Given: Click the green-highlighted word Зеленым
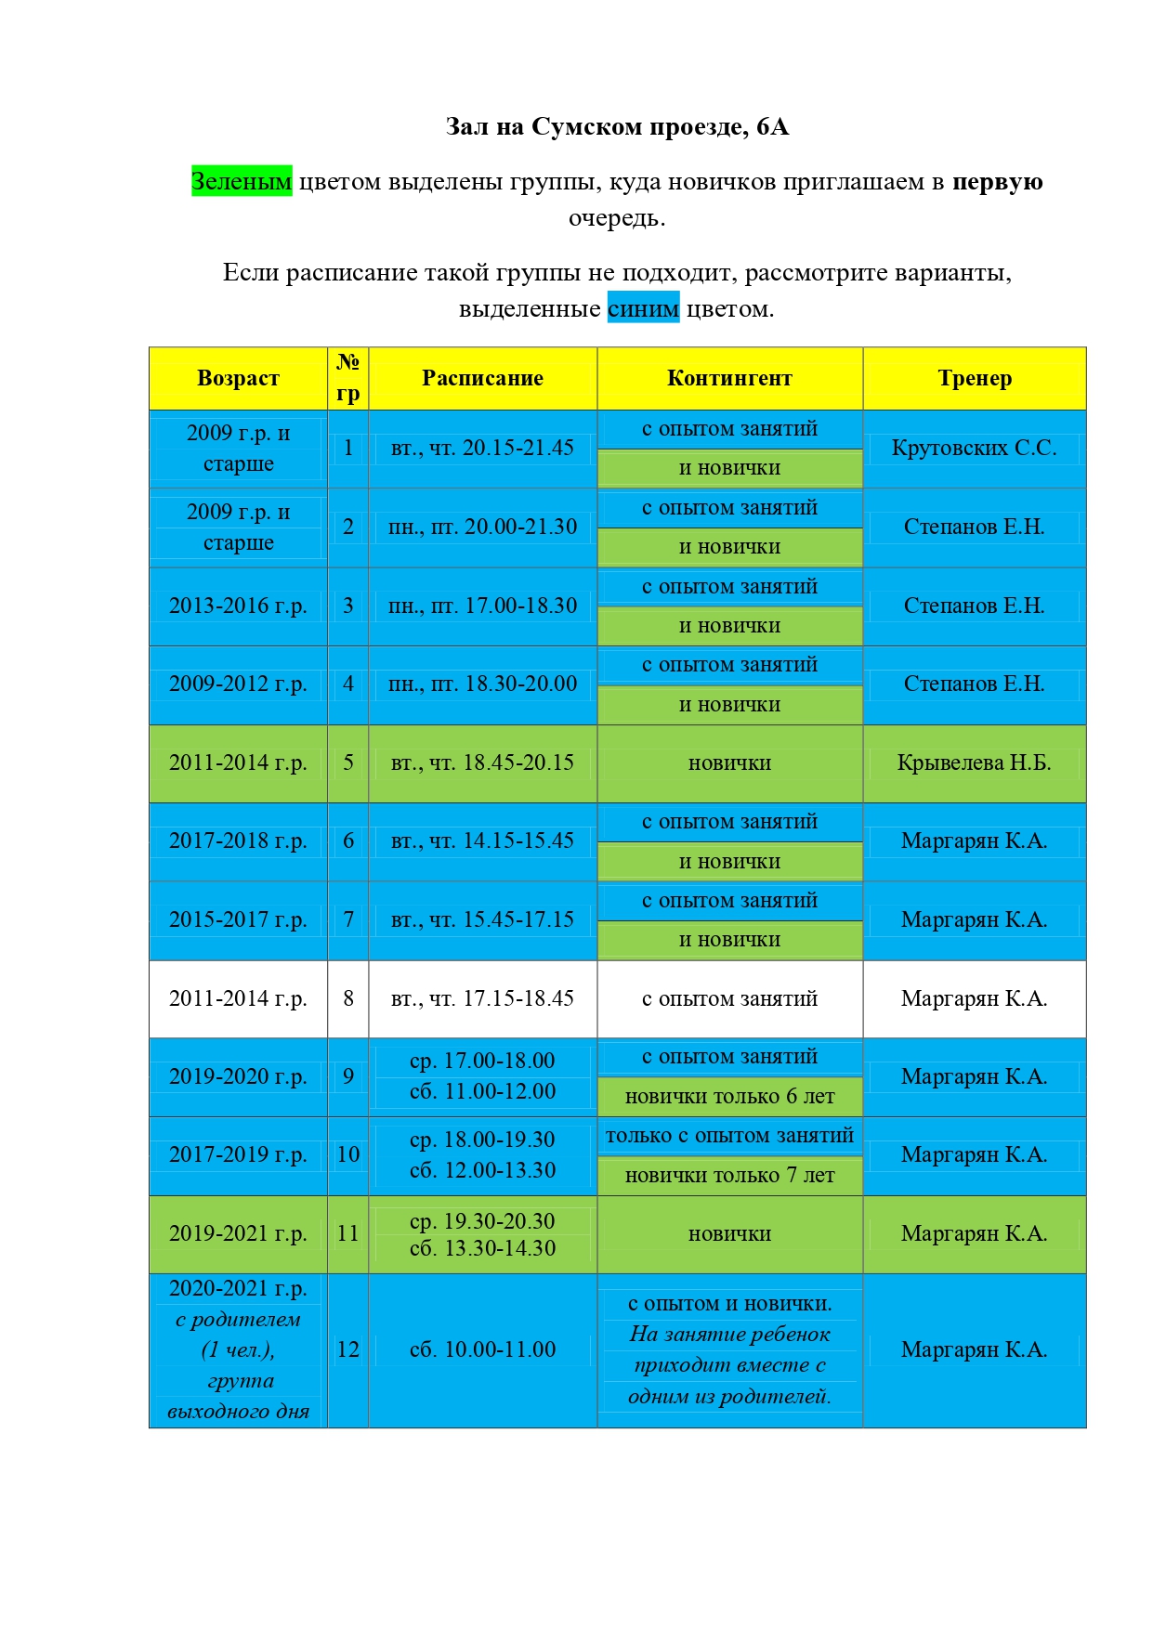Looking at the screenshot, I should click(x=242, y=181).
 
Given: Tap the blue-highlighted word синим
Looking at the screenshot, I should click(x=643, y=308).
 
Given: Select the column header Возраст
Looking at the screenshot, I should click(x=238, y=378).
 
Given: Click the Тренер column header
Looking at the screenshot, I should click(x=975, y=378).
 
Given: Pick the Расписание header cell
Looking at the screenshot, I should click(x=482, y=378).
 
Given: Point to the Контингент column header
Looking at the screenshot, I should click(x=729, y=378).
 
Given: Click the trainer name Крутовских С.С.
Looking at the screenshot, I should click(x=974, y=448).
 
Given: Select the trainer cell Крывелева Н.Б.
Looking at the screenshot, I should click(x=974, y=762).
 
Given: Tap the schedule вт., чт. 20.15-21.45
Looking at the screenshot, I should click(x=482, y=448).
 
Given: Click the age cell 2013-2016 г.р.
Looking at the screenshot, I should click(x=238, y=606).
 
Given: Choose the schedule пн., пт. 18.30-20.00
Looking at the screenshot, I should click(x=482, y=684).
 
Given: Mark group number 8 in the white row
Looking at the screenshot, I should click(x=348, y=998).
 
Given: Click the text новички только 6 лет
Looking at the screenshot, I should click(x=729, y=1097).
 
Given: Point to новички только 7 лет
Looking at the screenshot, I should click(x=729, y=1176).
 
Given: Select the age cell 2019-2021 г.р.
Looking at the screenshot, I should click(x=238, y=1233).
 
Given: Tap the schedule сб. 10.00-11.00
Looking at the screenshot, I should click(x=482, y=1349).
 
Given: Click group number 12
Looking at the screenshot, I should click(x=348, y=1349).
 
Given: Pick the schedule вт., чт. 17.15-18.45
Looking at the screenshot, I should click(x=482, y=998).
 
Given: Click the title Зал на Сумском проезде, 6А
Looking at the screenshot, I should click(x=617, y=126).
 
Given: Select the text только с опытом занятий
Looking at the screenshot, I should click(x=729, y=1136).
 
